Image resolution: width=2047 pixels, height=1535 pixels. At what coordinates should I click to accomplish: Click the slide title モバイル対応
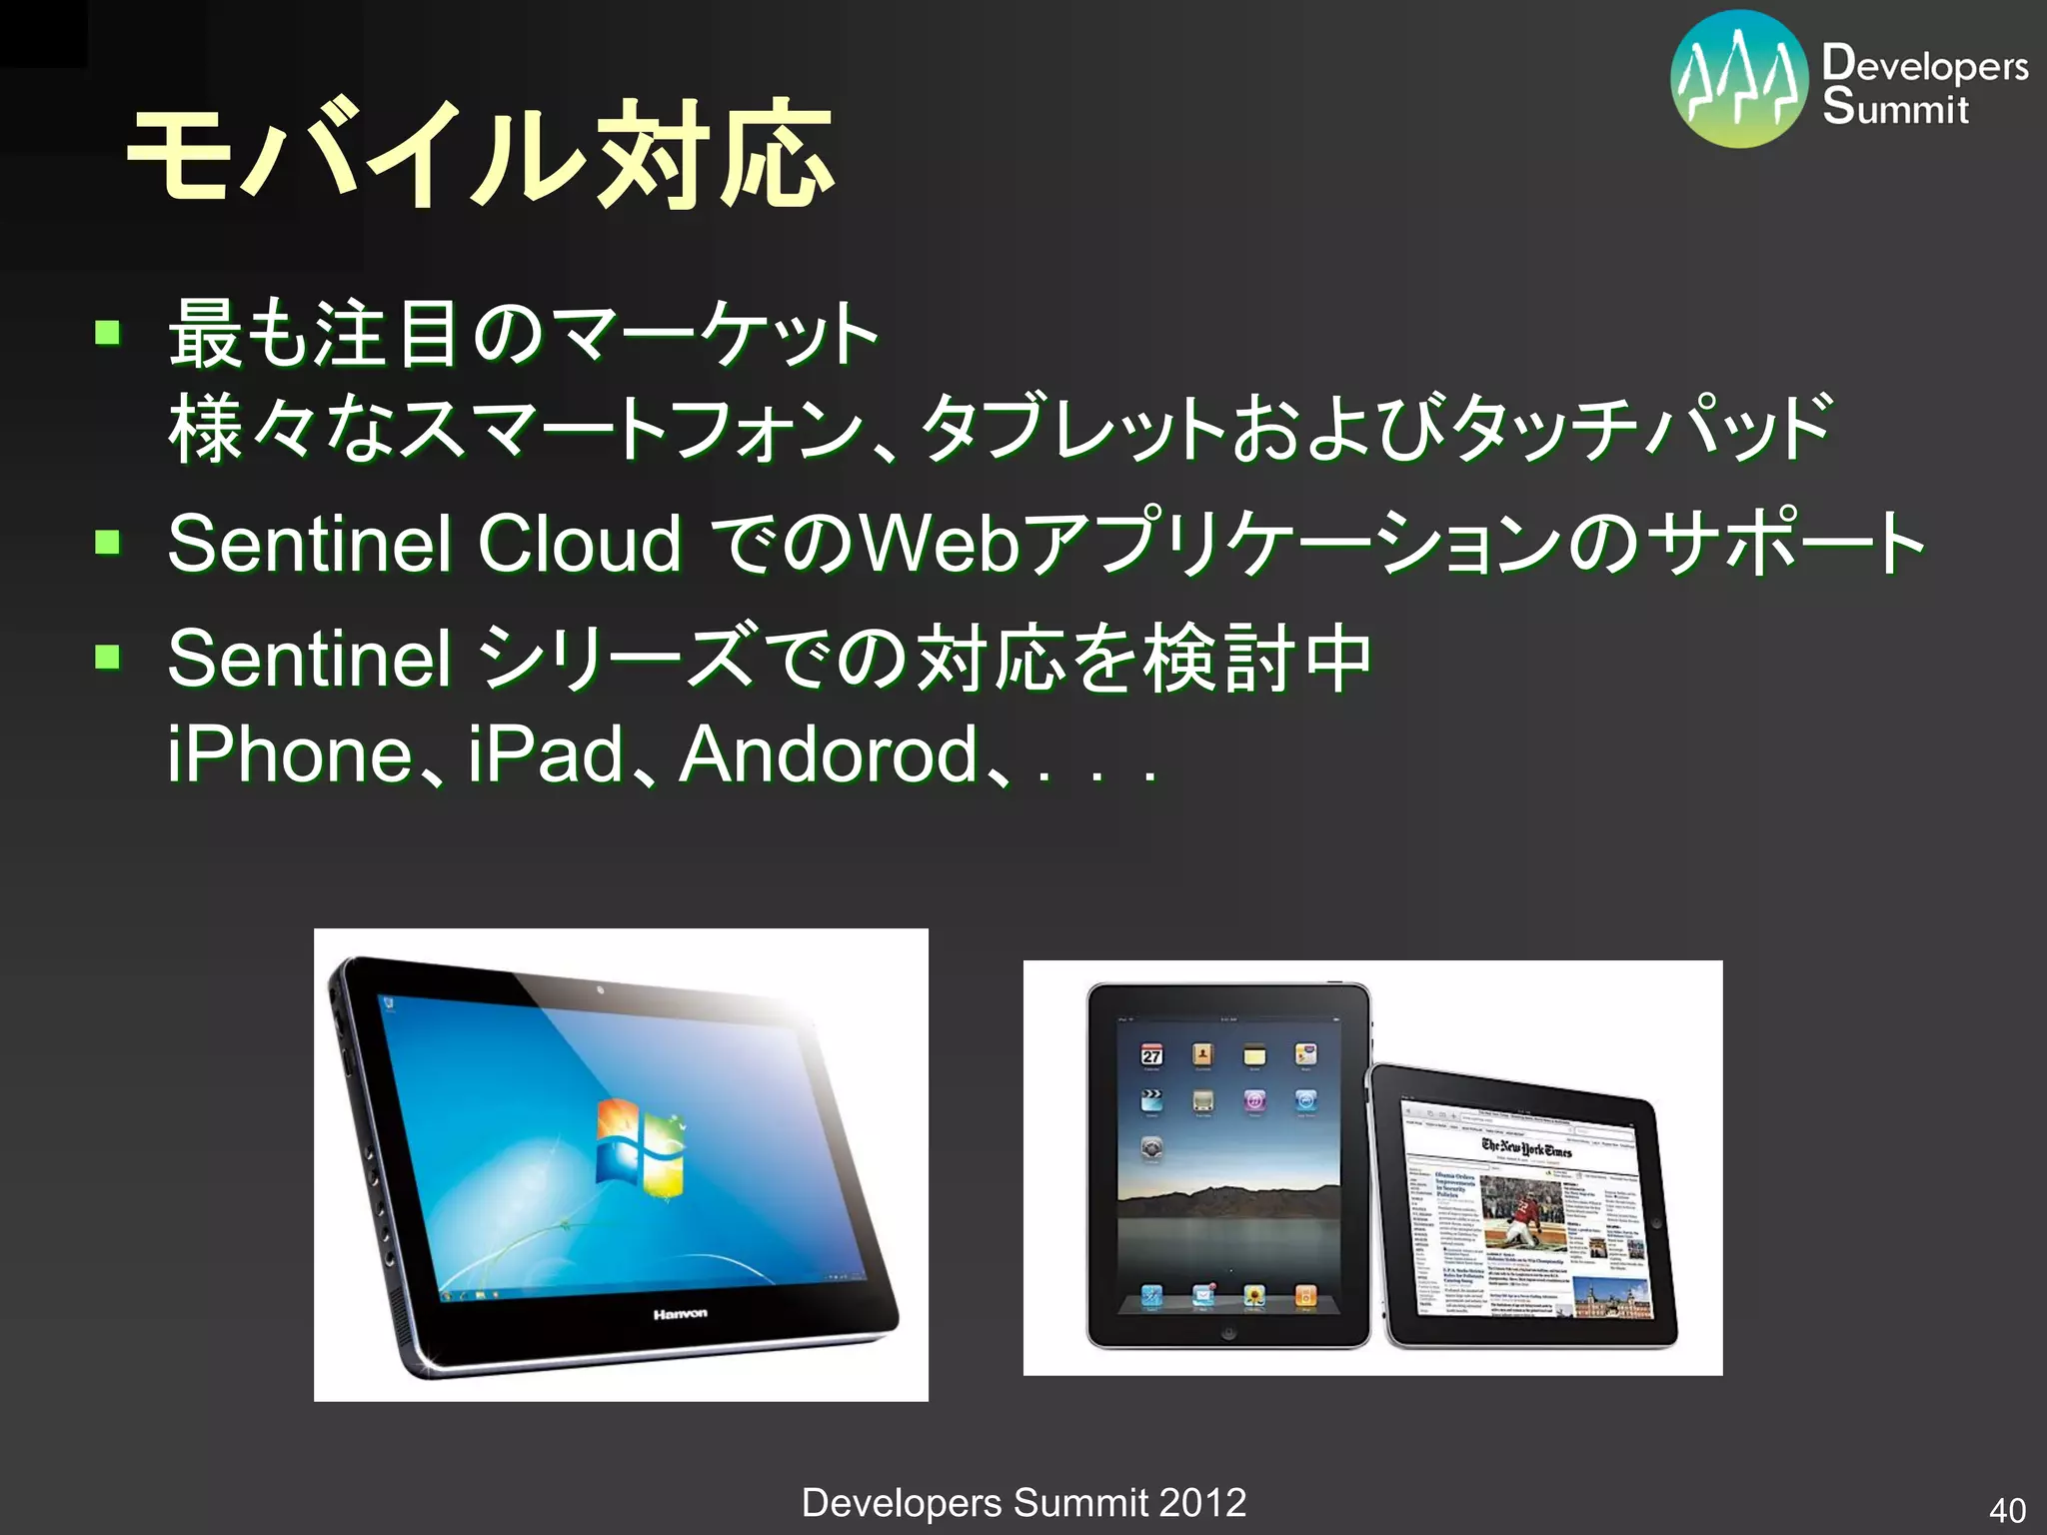tap(480, 155)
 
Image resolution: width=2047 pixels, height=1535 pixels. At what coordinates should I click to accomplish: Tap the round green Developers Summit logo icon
tap(1739, 80)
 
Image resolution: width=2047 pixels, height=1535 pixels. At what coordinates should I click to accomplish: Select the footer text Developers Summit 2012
tap(1023, 1502)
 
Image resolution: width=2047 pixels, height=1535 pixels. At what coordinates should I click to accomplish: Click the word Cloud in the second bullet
tap(579, 544)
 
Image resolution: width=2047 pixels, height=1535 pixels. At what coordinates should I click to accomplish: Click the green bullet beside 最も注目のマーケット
tap(108, 332)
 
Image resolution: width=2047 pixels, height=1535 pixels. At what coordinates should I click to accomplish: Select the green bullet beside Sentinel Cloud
tap(108, 543)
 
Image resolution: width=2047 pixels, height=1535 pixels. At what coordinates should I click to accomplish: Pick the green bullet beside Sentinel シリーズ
tap(108, 657)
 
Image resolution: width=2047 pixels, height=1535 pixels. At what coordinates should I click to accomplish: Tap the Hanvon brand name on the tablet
tap(681, 1313)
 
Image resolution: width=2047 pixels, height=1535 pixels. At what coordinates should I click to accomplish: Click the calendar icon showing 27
tap(1151, 1055)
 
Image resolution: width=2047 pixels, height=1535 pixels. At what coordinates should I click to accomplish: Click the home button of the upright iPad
tap(1228, 1332)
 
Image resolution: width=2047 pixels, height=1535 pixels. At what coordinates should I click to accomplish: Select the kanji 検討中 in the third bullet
tap(1257, 659)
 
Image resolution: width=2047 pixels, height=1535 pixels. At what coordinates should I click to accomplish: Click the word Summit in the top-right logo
tap(1894, 107)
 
